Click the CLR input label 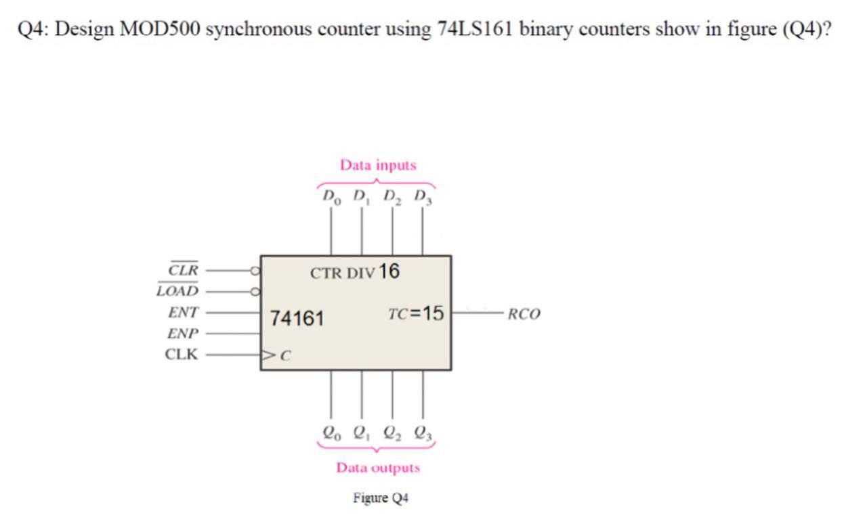183,269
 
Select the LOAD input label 177,291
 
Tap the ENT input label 184,313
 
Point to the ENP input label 183,334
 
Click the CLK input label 182,354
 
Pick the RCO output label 524,314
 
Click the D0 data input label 331,198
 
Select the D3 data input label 423,198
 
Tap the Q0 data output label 331,431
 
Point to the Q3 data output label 424,431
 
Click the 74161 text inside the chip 297,317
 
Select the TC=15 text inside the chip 416,313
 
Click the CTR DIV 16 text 355,272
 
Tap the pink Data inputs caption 378,165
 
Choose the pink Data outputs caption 378,468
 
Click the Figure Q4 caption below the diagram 380,498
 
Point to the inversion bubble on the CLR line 255,270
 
